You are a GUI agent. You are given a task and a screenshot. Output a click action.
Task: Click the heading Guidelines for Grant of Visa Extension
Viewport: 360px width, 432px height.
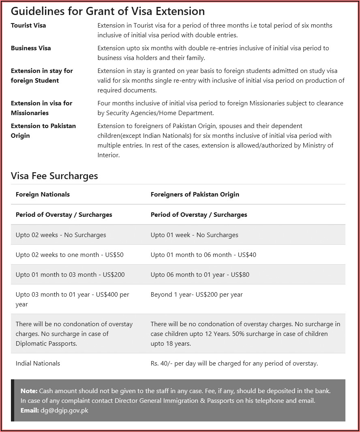[107, 11]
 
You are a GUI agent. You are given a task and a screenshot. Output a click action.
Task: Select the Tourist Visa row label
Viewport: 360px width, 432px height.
[28, 26]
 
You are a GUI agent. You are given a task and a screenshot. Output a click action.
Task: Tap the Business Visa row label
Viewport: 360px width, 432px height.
[31, 48]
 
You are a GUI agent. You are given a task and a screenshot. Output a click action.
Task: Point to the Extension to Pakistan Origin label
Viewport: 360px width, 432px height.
[43, 130]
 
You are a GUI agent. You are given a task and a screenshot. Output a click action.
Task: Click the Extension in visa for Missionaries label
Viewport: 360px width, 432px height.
[41, 108]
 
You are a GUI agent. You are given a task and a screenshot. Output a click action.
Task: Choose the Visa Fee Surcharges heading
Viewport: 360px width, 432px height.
[54, 176]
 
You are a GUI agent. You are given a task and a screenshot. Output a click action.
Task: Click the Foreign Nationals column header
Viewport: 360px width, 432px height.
[43, 195]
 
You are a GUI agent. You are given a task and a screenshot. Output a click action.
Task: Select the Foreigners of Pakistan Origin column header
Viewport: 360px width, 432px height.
[195, 195]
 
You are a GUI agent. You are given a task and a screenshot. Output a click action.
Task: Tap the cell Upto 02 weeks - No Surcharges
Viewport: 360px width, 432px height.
[61, 235]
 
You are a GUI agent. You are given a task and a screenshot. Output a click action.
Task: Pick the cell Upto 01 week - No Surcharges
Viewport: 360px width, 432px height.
[194, 235]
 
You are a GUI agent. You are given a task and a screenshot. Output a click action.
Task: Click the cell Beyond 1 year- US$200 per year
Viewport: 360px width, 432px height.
[197, 295]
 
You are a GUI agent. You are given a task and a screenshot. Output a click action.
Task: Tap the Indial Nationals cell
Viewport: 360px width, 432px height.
[38, 364]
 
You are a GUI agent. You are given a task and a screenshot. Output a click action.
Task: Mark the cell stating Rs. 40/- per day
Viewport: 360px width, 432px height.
[234, 364]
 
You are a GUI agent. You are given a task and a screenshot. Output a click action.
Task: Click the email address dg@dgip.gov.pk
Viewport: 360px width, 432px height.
[64, 411]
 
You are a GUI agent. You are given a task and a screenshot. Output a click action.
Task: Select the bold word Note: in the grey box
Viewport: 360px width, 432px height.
[29, 391]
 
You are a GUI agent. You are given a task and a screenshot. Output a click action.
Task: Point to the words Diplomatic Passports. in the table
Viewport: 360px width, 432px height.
[46, 344]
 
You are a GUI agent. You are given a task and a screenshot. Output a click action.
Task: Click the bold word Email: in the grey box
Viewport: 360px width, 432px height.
[30, 411]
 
